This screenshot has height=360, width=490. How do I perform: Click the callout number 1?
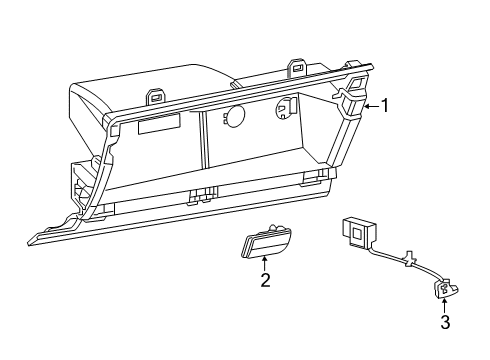point(384,105)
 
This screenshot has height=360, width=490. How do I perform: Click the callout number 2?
point(266,281)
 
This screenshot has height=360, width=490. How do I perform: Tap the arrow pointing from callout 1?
point(369,105)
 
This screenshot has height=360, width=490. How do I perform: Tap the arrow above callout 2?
point(265,263)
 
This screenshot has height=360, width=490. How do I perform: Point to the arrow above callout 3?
point(443,303)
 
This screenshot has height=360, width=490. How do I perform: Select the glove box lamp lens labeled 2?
point(264,243)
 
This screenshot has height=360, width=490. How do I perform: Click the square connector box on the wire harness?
point(354,231)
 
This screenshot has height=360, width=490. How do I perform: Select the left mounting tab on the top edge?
point(155,97)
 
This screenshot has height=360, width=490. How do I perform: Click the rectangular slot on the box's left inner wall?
point(158,123)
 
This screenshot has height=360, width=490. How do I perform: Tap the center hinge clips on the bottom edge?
point(203,195)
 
